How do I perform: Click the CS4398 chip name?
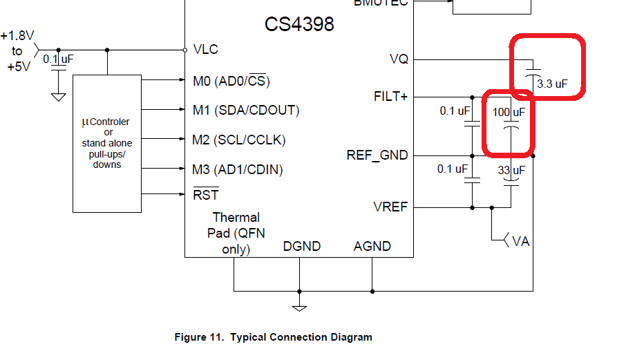(299, 25)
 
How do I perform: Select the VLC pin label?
(205, 49)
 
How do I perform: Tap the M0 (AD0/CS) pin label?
(231, 81)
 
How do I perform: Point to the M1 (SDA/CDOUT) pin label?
(245, 111)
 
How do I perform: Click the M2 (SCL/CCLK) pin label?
(238, 140)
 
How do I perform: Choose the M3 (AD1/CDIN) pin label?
(238, 169)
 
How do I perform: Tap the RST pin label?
(205, 196)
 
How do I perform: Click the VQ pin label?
(399, 59)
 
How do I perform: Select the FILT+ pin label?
(390, 97)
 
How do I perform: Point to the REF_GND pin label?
(377, 155)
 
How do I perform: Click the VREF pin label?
(390, 207)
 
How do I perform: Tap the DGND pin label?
(301, 247)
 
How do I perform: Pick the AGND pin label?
(372, 247)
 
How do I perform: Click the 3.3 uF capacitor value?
(551, 84)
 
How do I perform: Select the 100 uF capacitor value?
(509, 111)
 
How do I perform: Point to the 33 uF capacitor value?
(511, 169)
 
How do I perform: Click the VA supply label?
(520, 241)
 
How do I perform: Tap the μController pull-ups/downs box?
(107, 143)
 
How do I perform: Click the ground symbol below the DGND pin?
(299, 307)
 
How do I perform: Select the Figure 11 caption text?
(273, 337)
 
